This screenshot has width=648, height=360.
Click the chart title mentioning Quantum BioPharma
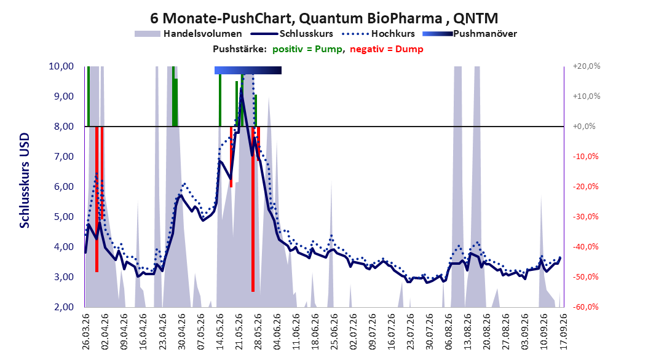(x=323, y=18)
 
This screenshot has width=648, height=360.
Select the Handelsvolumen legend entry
(x=188, y=34)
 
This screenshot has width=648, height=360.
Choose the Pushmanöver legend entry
(x=470, y=34)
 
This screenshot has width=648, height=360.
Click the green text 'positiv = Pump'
(x=307, y=49)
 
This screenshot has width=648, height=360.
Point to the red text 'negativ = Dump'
(x=387, y=49)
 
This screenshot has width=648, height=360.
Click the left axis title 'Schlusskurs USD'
(x=25, y=180)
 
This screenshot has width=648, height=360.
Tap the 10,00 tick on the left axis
(x=61, y=66)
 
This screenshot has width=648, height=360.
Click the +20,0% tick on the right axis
(x=587, y=66)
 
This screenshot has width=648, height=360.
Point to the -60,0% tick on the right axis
(x=585, y=307)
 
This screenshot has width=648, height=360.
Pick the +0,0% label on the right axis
(x=584, y=127)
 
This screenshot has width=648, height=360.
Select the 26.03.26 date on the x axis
(x=85, y=331)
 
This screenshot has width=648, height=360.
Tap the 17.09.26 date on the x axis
(x=563, y=331)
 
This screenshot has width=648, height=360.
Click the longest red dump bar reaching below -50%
(x=253, y=209)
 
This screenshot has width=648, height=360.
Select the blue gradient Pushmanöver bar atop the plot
(x=248, y=70)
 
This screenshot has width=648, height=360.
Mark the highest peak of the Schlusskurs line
(x=242, y=89)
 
